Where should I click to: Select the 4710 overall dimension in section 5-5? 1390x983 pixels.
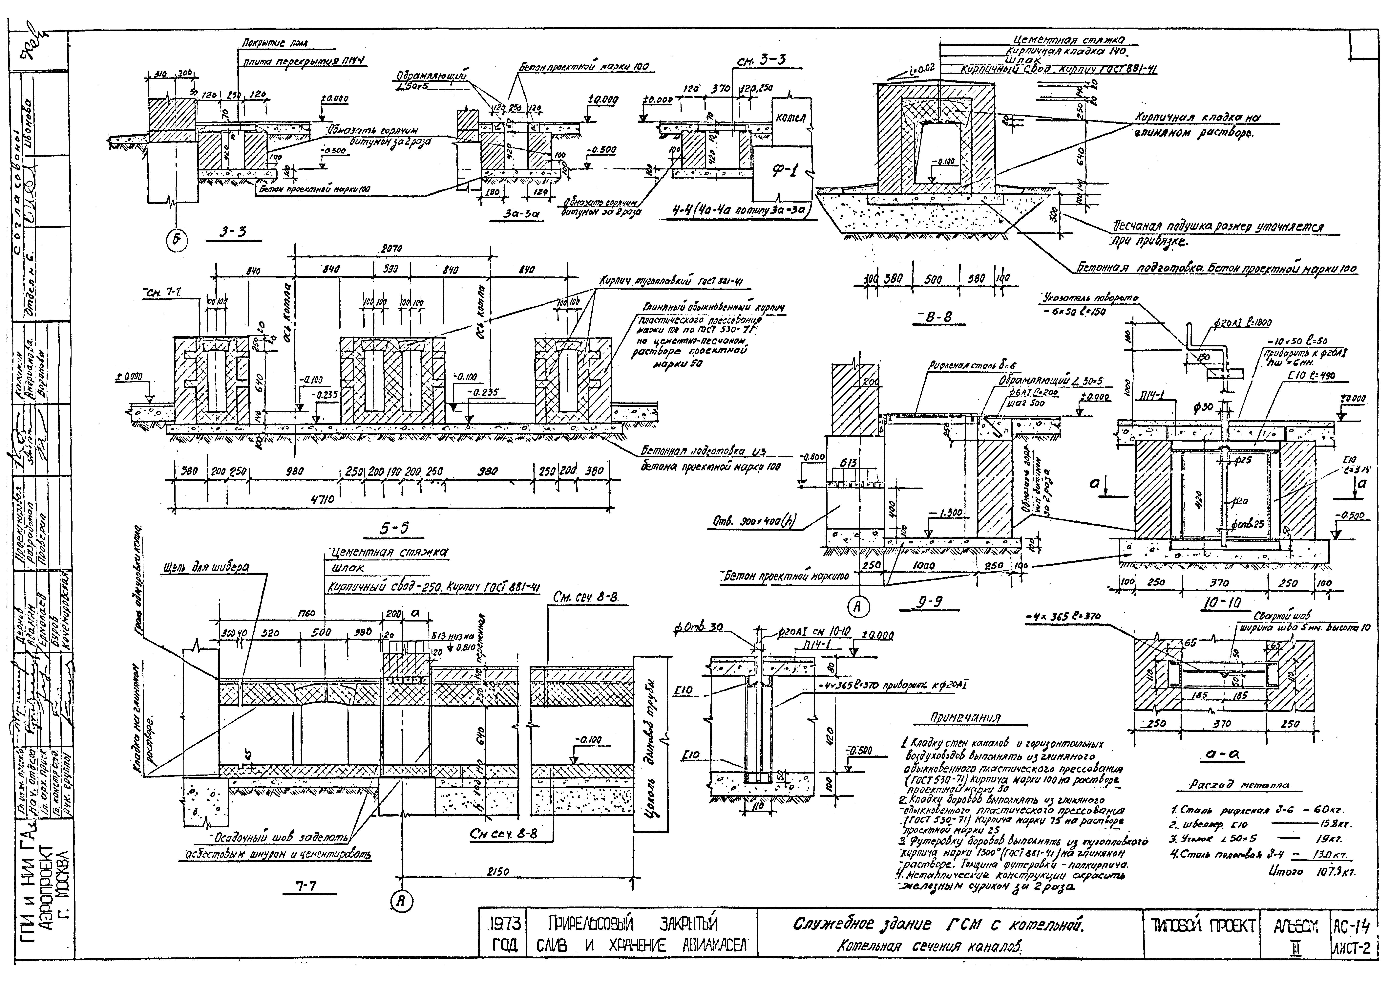coord(323,500)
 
